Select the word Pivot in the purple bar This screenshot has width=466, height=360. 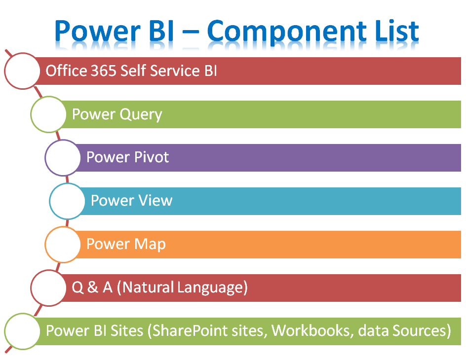pos(152,157)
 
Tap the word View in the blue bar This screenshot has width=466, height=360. pos(155,200)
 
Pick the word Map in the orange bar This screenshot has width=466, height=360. pos(150,245)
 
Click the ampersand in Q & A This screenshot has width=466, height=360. pos(93,287)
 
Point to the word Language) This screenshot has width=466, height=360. pos(212,288)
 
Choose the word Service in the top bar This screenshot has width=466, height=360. pos(175,71)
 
